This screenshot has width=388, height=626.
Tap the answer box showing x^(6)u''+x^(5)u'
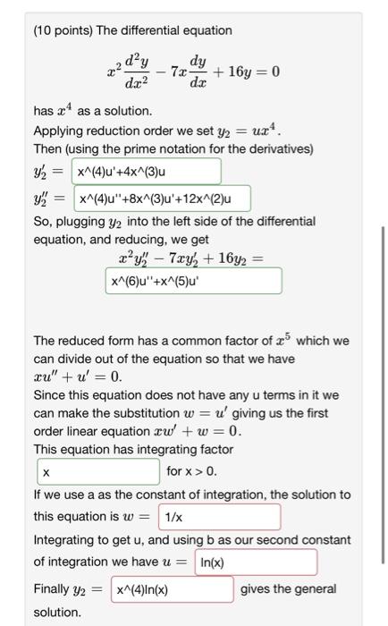[193, 282]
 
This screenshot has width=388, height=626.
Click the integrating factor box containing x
[98, 471]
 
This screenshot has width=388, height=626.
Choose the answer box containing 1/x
[219, 517]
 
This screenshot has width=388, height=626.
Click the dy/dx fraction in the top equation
[198, 72]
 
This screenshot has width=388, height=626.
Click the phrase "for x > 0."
[191, 471]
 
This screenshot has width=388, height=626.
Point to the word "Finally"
[52, 589]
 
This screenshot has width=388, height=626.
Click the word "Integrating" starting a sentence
[64, 540]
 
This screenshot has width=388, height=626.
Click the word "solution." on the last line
[57, 613]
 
